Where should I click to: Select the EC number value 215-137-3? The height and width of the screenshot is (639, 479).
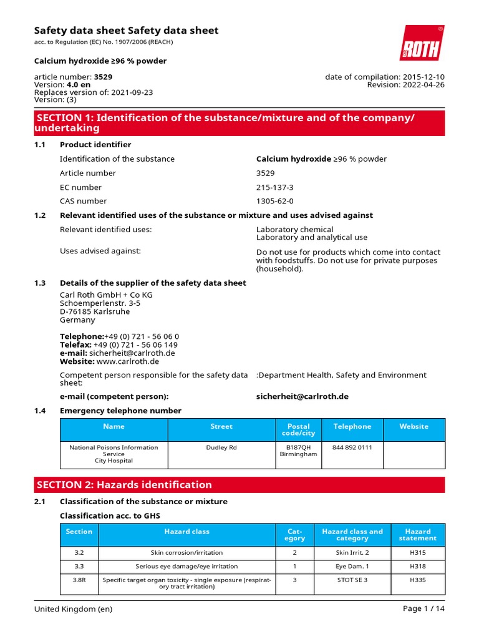click(x=274, y=187)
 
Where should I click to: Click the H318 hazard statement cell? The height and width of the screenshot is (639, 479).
click(x=417, y=566)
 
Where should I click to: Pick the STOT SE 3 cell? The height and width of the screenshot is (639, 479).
click(x=352, y=580)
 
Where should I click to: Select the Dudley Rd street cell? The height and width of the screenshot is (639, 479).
click(x=221, y=447)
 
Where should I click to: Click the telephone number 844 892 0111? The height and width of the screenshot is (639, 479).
click(x=352, y=447)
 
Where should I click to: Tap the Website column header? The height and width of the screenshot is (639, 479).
click(x=414, y=426)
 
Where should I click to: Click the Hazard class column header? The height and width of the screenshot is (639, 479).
click(x=186, y=532)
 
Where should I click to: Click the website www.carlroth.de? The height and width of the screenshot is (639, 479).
click(x=128, y=361)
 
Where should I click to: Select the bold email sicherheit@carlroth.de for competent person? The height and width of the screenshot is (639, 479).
click(x=302, y=396)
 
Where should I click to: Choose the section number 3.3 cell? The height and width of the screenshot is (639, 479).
click(x=79, y=566)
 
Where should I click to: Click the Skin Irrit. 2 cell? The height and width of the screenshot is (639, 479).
click(x=352, y=552)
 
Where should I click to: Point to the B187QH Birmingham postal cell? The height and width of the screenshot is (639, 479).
click(x=298, y=451)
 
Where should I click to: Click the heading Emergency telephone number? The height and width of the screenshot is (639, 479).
click(x=120, y=411)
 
